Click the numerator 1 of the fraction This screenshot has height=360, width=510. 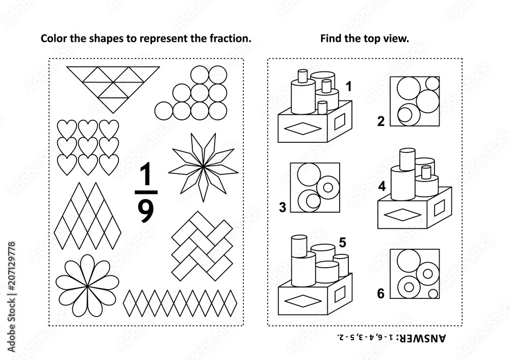[145, 176]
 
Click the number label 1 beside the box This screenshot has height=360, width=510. [349, 87]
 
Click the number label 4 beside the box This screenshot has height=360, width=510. [381, 188]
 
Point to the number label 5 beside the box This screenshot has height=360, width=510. [342, 243]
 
